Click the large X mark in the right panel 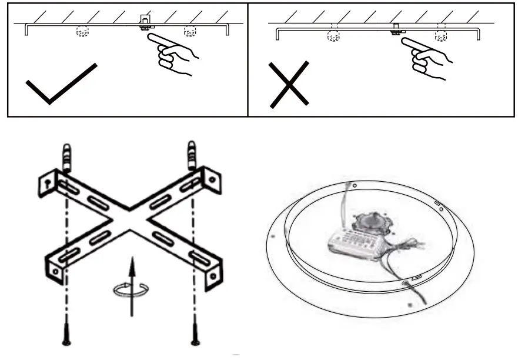click(289, 86)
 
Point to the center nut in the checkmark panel click(144, 26)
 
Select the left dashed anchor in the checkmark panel click(82, 32)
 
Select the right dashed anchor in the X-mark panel click(440, 37)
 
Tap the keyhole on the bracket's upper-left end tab click(45, 183)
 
